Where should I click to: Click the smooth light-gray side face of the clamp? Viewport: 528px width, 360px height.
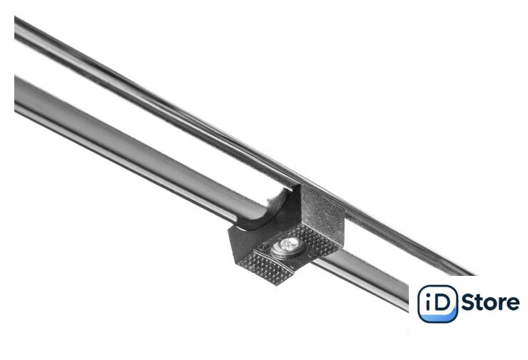click(x=323, y=208)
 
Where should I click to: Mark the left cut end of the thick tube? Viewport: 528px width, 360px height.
click(x=16, y=93)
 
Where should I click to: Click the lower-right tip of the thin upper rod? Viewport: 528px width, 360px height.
click(x=472, y=273)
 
